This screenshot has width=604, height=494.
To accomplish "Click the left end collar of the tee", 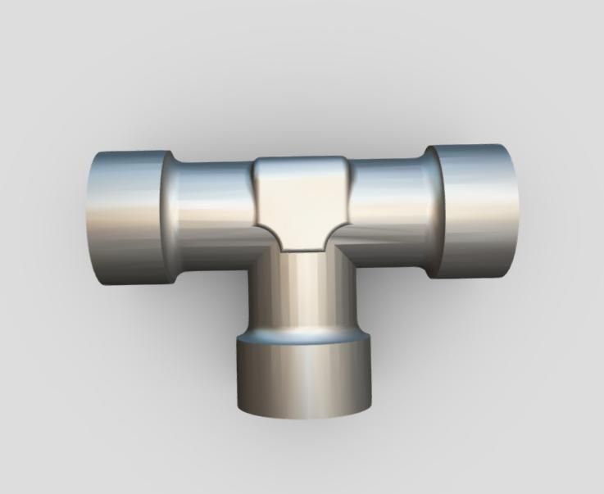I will tap(129, 217).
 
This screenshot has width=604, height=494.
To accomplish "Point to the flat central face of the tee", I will tap(302, 201).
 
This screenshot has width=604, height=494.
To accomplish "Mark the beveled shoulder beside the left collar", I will tap(167, 217).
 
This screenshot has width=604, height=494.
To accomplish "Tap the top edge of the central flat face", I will tap(302, 158).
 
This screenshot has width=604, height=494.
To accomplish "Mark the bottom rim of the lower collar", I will tap(304, 415).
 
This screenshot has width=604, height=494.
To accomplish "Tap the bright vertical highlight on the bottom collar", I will tap(307, 377).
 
